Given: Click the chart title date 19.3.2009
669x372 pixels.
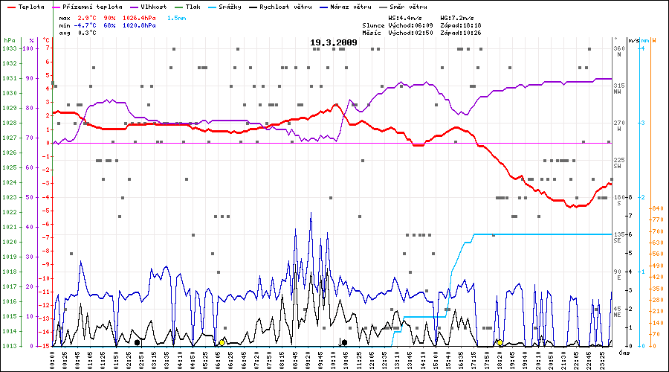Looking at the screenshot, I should (x=334, y=43).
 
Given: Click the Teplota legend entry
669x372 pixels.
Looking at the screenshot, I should (x=31, y=6).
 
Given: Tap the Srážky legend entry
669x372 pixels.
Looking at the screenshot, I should (x=228, y=6).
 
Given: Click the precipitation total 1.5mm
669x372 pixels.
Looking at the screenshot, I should (x=175, y=16).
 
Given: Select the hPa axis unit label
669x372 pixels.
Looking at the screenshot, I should (x=9, y=40).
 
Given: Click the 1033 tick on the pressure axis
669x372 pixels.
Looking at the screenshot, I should (x=9, y=48).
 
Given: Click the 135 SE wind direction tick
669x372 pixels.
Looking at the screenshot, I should (x=618, y=237).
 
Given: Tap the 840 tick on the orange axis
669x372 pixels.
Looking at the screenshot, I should (x=658, y=209).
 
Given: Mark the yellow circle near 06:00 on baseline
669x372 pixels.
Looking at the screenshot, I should (x=222, y=342).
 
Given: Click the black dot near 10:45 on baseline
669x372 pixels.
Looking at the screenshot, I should (x=344, y=342).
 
